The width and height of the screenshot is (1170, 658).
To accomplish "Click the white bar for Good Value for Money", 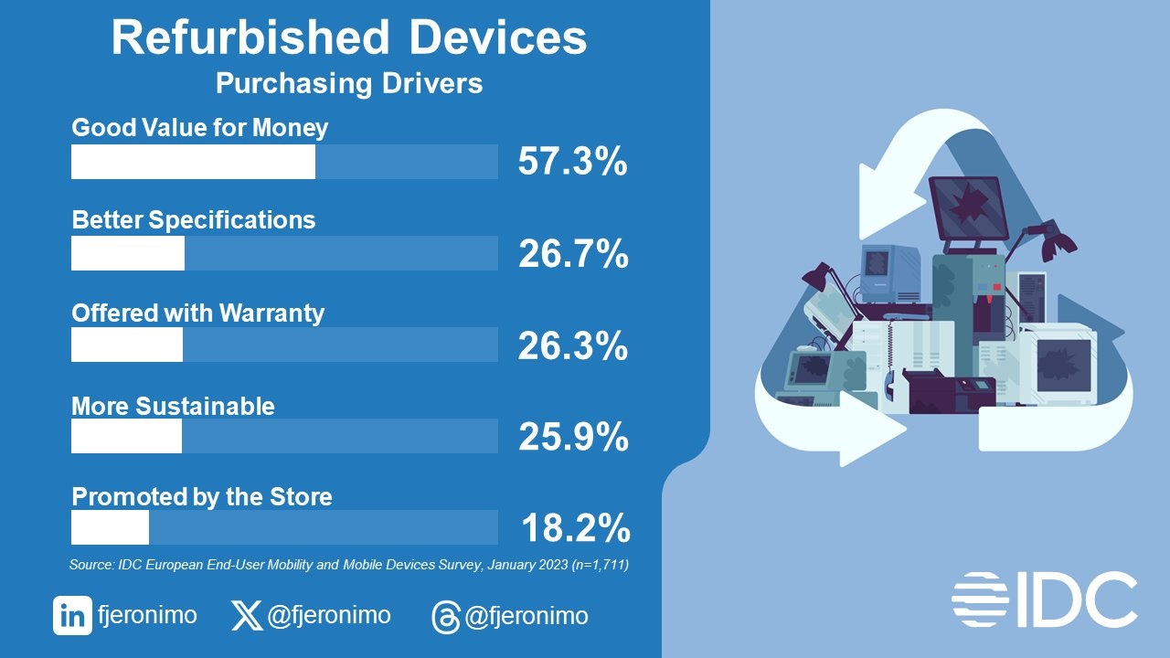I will click(x=193, y=162).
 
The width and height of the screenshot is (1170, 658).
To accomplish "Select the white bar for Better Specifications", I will click(x=128, y=253).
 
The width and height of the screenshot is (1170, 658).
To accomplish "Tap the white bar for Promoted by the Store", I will click(x=110, y=527).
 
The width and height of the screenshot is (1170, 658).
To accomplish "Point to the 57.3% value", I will click(x=572, y=162).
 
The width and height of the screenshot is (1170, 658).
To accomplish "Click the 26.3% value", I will click(x=573, y=345).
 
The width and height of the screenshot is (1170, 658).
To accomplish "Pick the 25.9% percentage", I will click(x=573, y=437).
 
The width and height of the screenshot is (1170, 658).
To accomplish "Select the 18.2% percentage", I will click(x=575, y=528).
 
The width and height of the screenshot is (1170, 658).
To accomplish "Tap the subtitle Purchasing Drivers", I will click(x=349, y=84).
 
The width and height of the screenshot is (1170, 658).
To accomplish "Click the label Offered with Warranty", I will click(x=198, y=313).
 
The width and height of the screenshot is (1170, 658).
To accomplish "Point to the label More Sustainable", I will click(x=173, y=405).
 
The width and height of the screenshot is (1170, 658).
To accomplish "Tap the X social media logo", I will click(x=246, y=616).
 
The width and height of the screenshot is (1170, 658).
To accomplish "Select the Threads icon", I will click(x=445, y=618).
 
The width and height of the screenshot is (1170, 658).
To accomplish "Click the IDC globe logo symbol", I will click(x=980, y=599).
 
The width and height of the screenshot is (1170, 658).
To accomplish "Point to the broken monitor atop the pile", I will click(x=968, y=207).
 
